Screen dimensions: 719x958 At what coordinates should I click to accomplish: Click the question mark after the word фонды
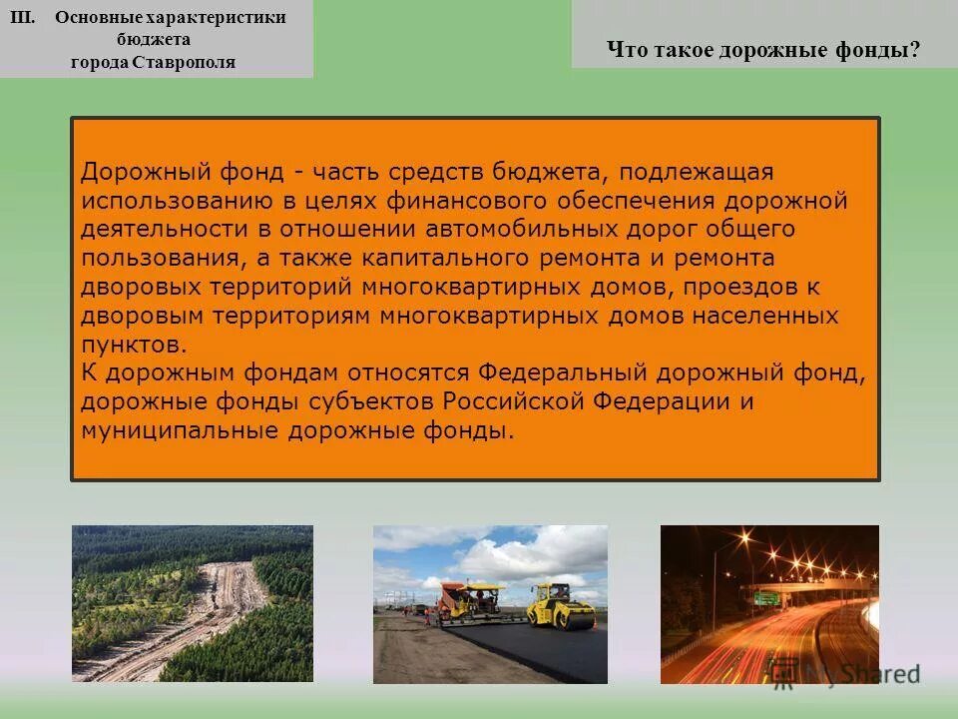(914, 50)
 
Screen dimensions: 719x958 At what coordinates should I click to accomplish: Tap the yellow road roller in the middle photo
(562, 604)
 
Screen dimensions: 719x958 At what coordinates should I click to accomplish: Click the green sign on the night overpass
(766, 597)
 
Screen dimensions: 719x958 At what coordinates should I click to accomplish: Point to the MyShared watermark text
(862, 674)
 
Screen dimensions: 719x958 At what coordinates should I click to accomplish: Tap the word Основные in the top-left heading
(99, 17)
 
